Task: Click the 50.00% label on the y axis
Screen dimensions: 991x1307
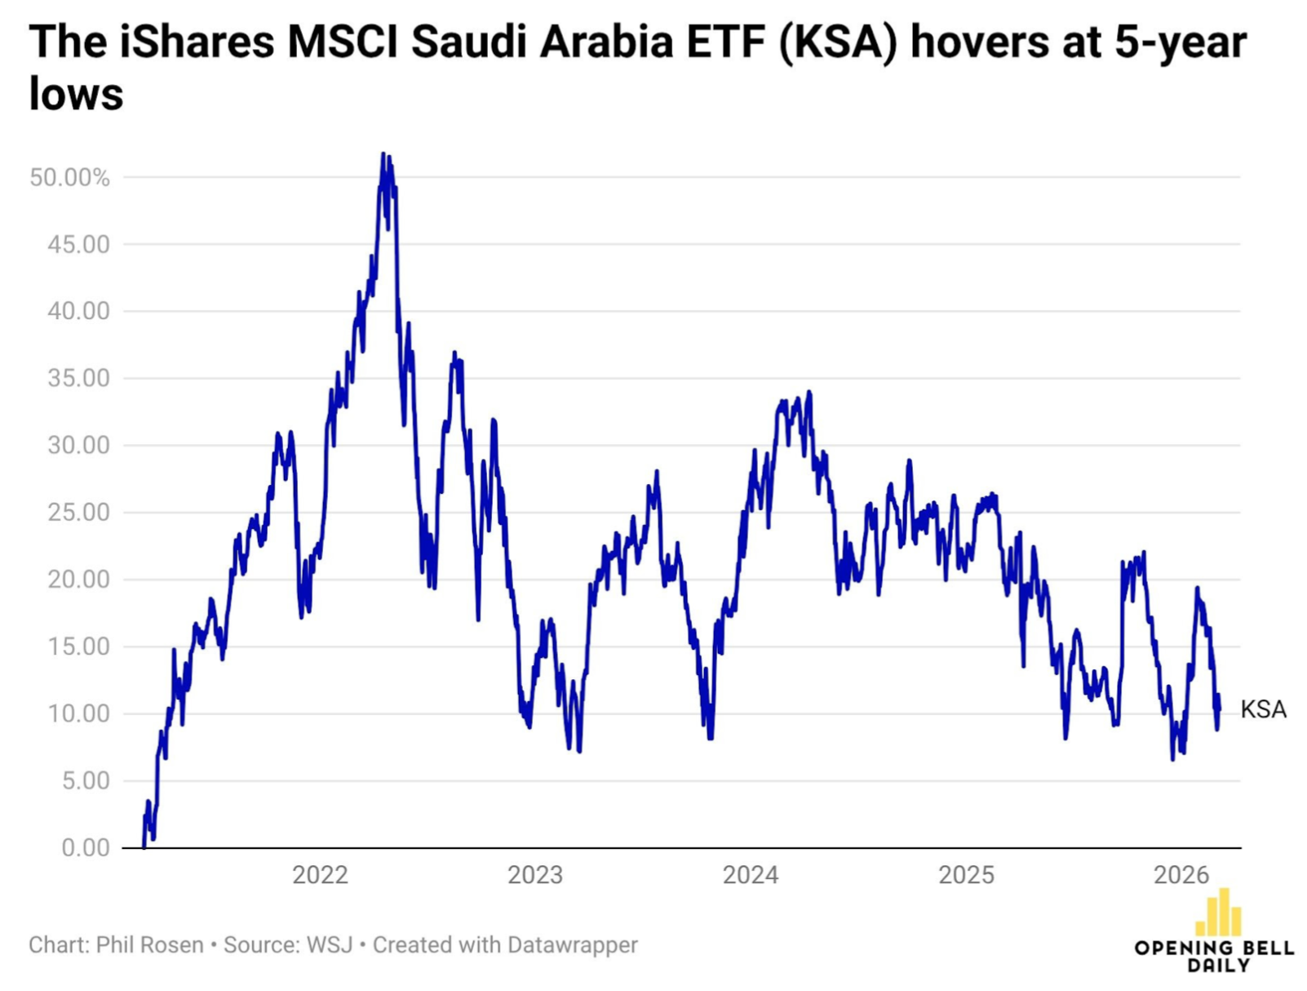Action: (69, 177)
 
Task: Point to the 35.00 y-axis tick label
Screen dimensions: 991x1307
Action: (78, 378)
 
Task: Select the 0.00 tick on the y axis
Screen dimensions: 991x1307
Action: (85, 847)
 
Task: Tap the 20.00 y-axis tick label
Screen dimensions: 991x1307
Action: (78, 580)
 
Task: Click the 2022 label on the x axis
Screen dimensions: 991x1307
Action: (320, 875)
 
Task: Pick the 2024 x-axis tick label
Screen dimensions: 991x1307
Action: (750, 875)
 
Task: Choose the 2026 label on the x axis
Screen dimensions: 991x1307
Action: (1181, 875)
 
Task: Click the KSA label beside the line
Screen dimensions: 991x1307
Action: (1263, 709)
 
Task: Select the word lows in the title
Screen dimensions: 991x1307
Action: (76, 94)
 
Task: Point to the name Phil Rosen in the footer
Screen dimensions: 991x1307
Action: (149, 944)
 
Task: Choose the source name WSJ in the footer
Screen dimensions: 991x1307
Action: (329, 944)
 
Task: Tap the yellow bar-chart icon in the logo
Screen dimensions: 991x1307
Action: (1218, 913)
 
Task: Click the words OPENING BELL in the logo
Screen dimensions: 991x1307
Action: (1213, 948)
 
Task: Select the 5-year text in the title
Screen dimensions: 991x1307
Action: (1181, 42)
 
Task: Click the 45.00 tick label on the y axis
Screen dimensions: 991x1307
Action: (78, 244)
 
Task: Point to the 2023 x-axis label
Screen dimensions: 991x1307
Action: (535, 875)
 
